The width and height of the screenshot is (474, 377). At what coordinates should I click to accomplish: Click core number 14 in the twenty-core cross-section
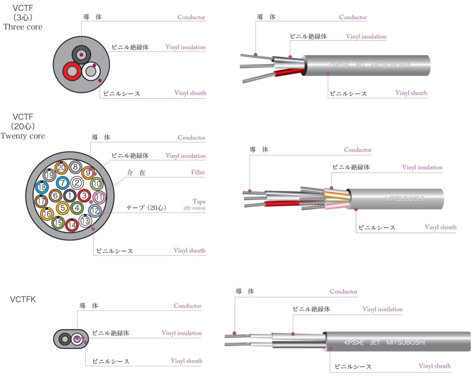click(x=71, y=226)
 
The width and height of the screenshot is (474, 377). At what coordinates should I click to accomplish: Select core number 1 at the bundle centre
click(x=69, y=195)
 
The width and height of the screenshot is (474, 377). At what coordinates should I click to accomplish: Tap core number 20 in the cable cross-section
click(x=61, y=168)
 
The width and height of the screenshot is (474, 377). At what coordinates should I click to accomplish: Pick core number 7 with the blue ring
click(x=63, y=182)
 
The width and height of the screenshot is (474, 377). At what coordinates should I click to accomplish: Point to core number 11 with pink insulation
click(x=98, y=198)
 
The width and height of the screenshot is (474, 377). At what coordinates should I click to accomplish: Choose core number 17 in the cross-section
click(x=41, y=201)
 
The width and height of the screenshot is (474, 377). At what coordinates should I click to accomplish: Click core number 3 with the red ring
click(x=84, y=195)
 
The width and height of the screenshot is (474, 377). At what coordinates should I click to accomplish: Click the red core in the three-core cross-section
click(x=72, y=72)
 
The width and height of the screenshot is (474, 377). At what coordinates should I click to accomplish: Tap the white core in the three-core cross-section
click(x=91, y=72)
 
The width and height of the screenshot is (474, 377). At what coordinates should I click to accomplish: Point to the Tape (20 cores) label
click(x=195, y=205)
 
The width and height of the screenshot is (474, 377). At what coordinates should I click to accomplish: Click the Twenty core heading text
click(x=23, y=136)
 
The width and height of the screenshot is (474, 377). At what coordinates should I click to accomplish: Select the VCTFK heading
click(x=23, y=300)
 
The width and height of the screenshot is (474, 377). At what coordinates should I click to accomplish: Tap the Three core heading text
click(x=23, y=27)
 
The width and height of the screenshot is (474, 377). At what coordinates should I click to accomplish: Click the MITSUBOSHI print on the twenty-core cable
click(x=404, y=199)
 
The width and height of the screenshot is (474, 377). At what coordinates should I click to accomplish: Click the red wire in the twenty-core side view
click(x=282, y=203)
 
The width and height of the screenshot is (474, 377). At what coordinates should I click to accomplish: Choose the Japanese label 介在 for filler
click(x=136, y=173)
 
